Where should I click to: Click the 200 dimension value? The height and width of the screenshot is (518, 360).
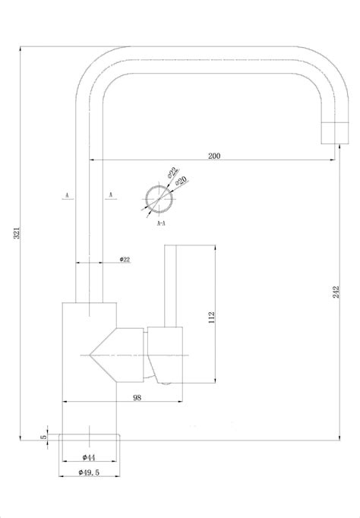coord(213,156)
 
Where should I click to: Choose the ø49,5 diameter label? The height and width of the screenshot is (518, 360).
coord(90,472)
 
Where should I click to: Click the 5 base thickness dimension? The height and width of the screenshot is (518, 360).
coord(45,436)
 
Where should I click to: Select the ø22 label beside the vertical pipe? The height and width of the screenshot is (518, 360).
coord(125,260)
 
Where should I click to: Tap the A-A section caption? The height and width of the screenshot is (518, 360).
coord(162,224)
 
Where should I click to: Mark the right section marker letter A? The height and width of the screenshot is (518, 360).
coord(112,195)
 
